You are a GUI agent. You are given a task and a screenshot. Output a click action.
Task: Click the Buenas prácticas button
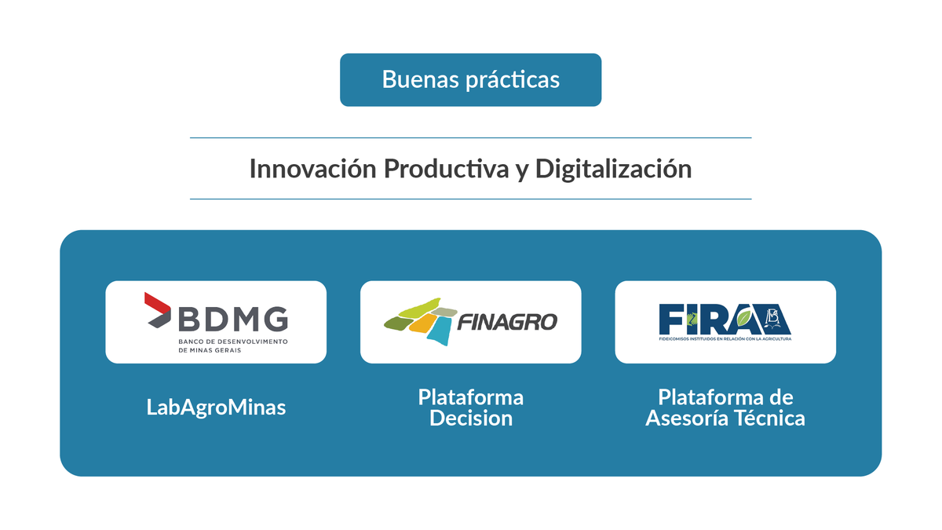470,79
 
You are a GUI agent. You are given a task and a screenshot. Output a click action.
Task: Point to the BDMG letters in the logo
233,319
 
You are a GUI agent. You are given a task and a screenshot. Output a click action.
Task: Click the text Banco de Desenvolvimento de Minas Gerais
233,345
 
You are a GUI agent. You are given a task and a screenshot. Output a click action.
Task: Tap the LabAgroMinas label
216,408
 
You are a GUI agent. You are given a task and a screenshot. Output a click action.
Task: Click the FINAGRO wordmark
506,322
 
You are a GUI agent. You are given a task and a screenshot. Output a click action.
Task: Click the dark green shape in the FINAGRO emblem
397,323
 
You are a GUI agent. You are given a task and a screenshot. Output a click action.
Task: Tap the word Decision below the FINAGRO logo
470,419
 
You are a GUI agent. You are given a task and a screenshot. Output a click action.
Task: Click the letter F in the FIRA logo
670,318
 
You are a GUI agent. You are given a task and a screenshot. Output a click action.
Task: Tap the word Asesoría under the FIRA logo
690,419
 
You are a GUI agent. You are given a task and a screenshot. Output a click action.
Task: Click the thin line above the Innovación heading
470,138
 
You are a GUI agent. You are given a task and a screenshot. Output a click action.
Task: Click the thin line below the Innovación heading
470,199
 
